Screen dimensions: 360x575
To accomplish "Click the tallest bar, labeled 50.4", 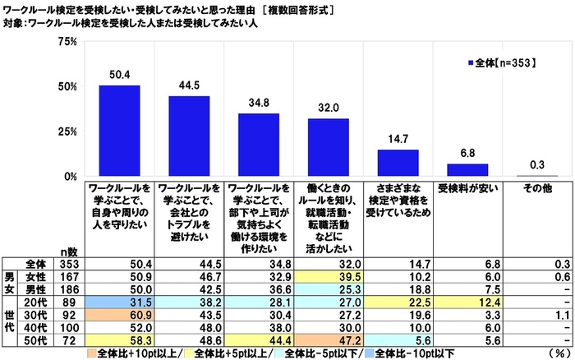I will coord(119,131).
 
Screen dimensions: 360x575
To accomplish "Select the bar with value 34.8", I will coord(259,145).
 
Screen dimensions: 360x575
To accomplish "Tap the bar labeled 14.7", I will coord(398,163).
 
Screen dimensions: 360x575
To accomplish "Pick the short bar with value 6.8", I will coord(467,170).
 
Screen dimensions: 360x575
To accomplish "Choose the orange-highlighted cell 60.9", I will coord(119,316).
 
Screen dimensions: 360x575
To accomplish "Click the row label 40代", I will coord(34,327).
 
